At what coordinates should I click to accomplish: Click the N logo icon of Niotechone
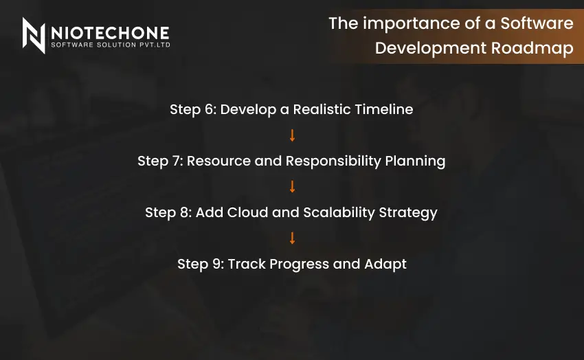34,35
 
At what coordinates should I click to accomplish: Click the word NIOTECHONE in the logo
109,32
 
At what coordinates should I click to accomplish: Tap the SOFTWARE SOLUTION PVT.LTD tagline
109,45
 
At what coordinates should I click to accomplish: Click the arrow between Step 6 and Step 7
292,135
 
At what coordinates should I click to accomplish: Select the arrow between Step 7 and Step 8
292,187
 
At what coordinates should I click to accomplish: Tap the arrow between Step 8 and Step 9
292,238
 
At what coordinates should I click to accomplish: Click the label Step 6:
192,109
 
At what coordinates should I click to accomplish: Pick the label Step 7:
160,161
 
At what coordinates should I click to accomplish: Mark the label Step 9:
201,264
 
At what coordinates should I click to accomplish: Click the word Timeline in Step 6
383,109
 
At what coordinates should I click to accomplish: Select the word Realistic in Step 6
322,109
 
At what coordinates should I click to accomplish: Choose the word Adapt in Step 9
388,264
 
